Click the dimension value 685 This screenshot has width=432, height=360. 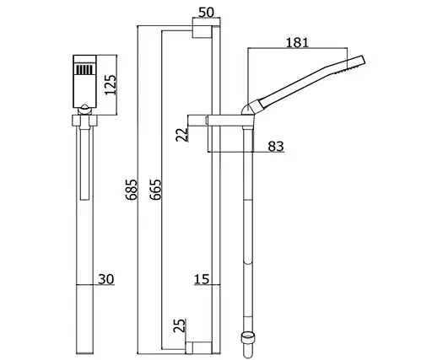(132, 190)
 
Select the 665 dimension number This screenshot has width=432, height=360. (155, 190)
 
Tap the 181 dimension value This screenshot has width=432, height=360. (297, 43)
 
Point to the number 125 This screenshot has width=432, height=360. (111, 85)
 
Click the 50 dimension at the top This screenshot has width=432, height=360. (206, 13)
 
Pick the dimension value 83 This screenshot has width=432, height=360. (276, 147)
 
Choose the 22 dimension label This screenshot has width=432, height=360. (181, 134)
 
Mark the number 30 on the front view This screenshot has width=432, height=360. (106, 279)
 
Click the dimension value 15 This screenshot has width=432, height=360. (202, 279)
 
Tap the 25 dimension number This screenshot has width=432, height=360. (180, 325)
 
